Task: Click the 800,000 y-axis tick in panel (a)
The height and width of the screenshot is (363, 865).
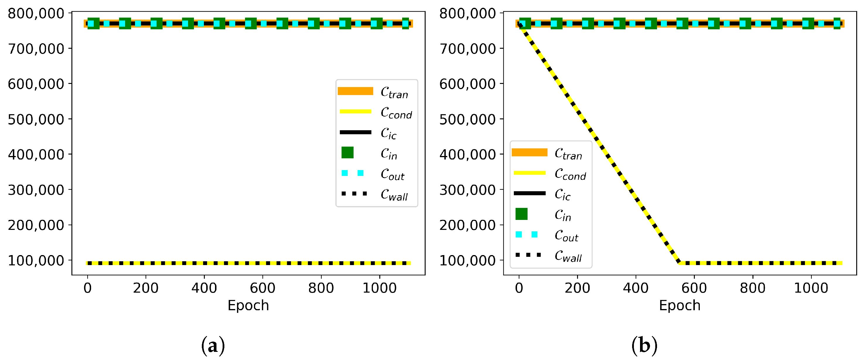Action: [36, 13]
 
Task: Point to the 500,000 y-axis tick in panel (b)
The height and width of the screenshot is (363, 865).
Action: [467, 119]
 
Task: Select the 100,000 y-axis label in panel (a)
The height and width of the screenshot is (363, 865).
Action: [36, 260]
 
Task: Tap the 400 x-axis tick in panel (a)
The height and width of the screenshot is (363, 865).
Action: [204, 288]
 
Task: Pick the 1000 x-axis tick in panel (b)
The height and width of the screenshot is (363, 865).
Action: [811, 288]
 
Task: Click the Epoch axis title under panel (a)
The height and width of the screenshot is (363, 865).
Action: [248, 306]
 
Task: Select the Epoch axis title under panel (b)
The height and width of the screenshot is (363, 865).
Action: [680, 306]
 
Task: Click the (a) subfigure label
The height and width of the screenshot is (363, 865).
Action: [213, 345]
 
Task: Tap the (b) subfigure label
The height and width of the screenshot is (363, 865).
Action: [644, 345]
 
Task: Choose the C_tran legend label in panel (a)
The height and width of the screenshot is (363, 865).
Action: [394, 92]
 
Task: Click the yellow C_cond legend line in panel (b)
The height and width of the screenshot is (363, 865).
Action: [530, 173]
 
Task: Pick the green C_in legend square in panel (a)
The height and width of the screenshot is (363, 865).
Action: [347, 152]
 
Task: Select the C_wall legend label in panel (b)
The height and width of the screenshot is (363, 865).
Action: [568, 256]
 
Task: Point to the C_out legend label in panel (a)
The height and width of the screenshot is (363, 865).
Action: [393, 174]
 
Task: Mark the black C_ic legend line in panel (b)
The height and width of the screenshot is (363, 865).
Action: [530, 193]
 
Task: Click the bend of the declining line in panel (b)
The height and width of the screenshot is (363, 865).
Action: [679, 262]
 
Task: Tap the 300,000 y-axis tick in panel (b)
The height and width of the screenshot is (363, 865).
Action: [467, 190]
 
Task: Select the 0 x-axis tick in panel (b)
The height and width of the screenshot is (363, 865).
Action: [519, 288]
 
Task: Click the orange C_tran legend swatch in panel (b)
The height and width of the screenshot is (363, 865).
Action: [530, 152]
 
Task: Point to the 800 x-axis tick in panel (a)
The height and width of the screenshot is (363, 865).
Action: [321, 288]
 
